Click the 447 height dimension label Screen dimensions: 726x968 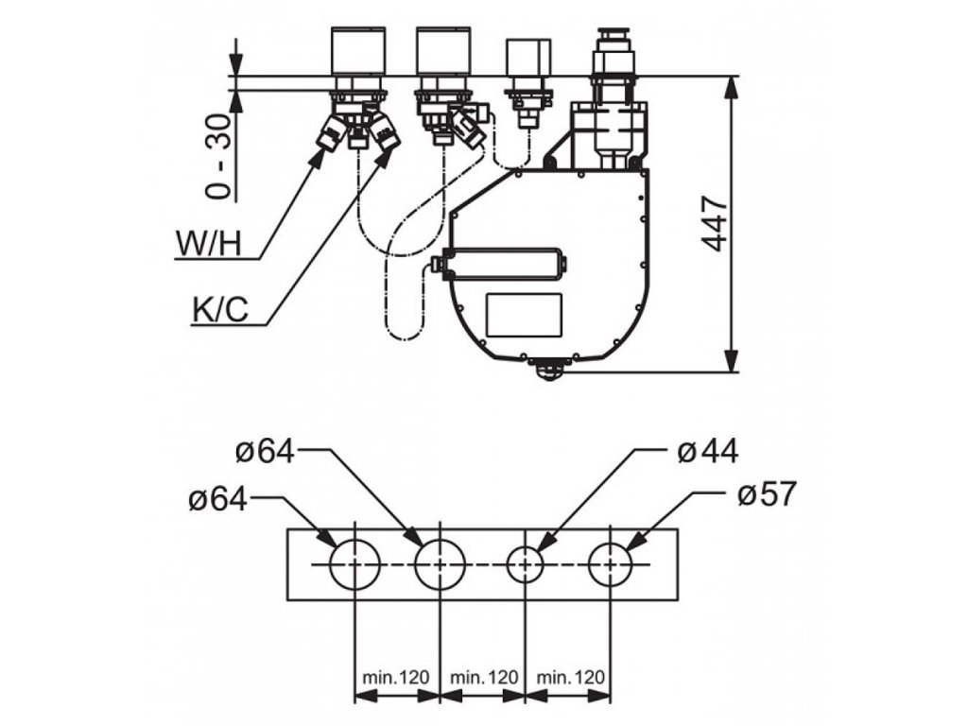coord(716,224)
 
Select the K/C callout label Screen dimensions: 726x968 coord(219,309)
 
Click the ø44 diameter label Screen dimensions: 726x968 coord(707,452)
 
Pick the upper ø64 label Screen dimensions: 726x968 coord(265,452)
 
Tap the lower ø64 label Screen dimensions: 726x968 coord(218,496)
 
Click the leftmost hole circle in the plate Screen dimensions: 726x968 coord(354,565)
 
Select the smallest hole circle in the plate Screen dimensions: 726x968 coord(527,565)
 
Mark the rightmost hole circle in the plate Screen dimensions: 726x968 coord(612,565)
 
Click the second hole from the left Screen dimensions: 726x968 coord(440,565)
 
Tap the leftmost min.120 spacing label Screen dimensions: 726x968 coord(396,677)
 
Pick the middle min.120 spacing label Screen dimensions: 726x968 coord(483,677)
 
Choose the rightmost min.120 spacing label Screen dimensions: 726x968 coord(569,677)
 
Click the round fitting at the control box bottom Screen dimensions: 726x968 coord(549,369)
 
